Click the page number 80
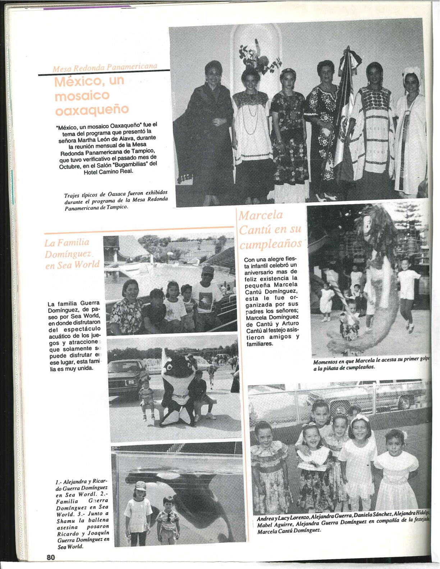pos(50,557)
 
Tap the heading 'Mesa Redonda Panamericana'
pos(105,67)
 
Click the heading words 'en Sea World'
pos(72,265)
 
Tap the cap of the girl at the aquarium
pos(141,486)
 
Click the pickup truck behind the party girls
pos(367,395)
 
